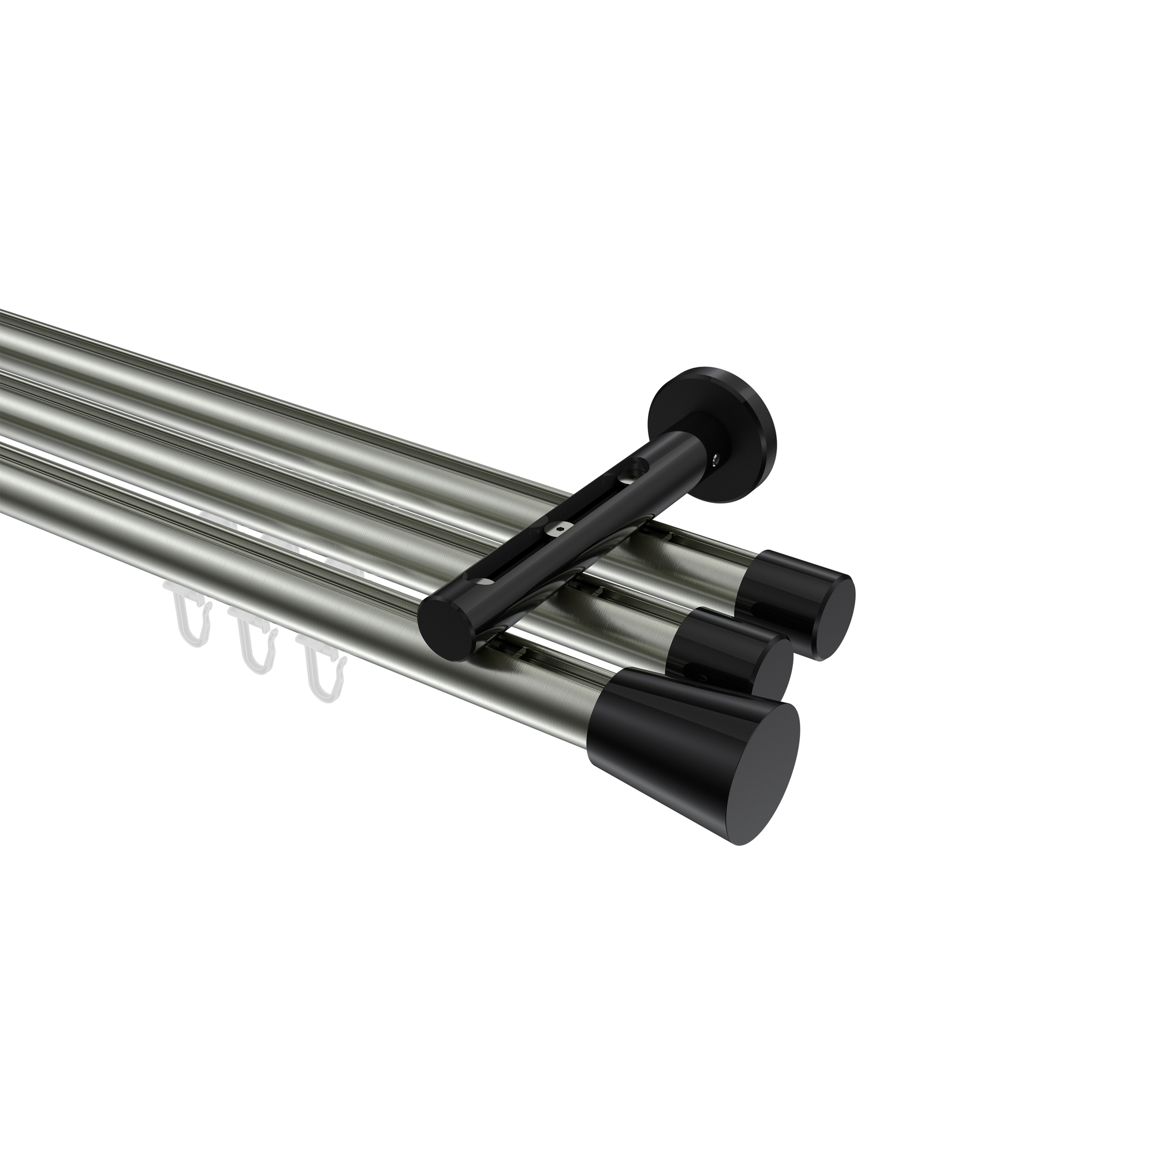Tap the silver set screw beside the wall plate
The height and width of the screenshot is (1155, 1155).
(716, 460)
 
